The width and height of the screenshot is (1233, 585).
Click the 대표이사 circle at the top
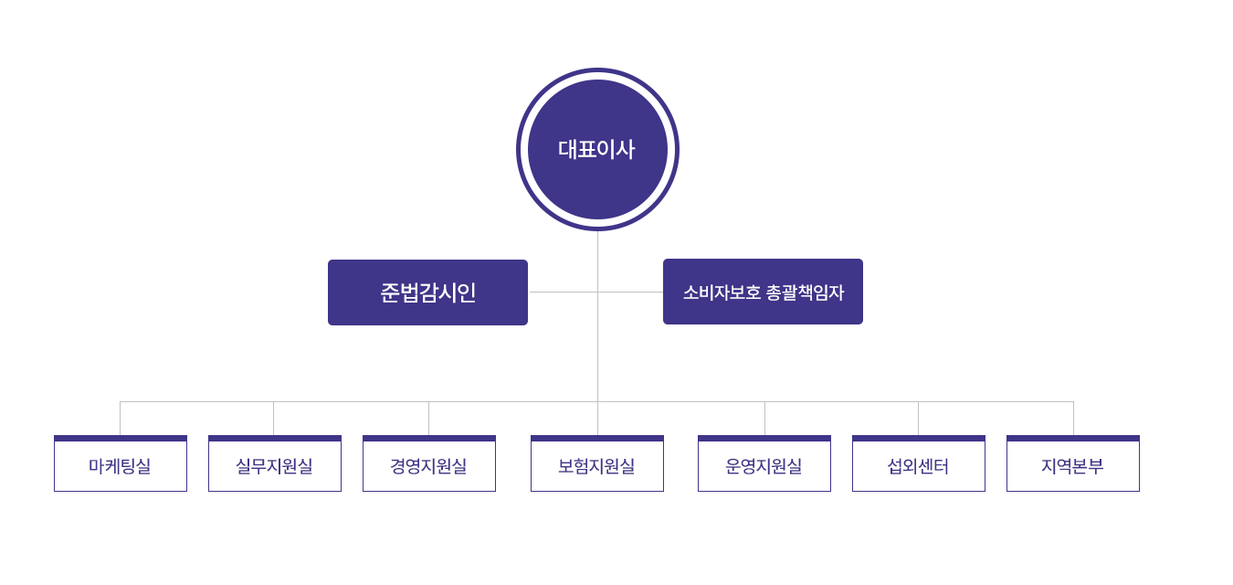[x=597, y=149]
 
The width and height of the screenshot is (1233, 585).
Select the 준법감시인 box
[x=427, y=292]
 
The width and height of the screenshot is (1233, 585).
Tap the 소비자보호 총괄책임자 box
[x=763, y=292]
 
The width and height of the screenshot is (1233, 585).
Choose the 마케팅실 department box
[x=121, y=465]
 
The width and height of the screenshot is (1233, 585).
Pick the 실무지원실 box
[x=274, y=465]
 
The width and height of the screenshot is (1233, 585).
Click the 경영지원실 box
[x=428, y=465]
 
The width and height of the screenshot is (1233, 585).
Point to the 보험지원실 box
[x=596, y=465]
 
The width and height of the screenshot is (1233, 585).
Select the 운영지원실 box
[x=764, y=465]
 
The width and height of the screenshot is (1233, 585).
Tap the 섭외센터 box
[x=918, y=465]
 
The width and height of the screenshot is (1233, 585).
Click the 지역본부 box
[x=1072, y=465]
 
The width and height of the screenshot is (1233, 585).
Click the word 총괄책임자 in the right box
[x=805, y=292]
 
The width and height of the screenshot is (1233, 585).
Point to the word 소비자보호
[x=722, y=292]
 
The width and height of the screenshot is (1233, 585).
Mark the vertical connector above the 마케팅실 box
[x=120, y=419]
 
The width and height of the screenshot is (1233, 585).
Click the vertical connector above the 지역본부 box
[x=1073, y=419]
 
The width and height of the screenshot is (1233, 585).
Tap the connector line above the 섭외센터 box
[x=918, y=419]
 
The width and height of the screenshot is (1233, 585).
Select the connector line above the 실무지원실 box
[x=273, y=419]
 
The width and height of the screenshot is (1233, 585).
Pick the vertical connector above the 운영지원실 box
[x=764, y=419]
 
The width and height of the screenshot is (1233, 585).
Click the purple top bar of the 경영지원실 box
[x=428, y=439]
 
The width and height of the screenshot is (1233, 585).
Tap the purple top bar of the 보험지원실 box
[x=596, y=439]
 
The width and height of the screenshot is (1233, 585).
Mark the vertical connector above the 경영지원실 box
[x=428, y=419]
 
